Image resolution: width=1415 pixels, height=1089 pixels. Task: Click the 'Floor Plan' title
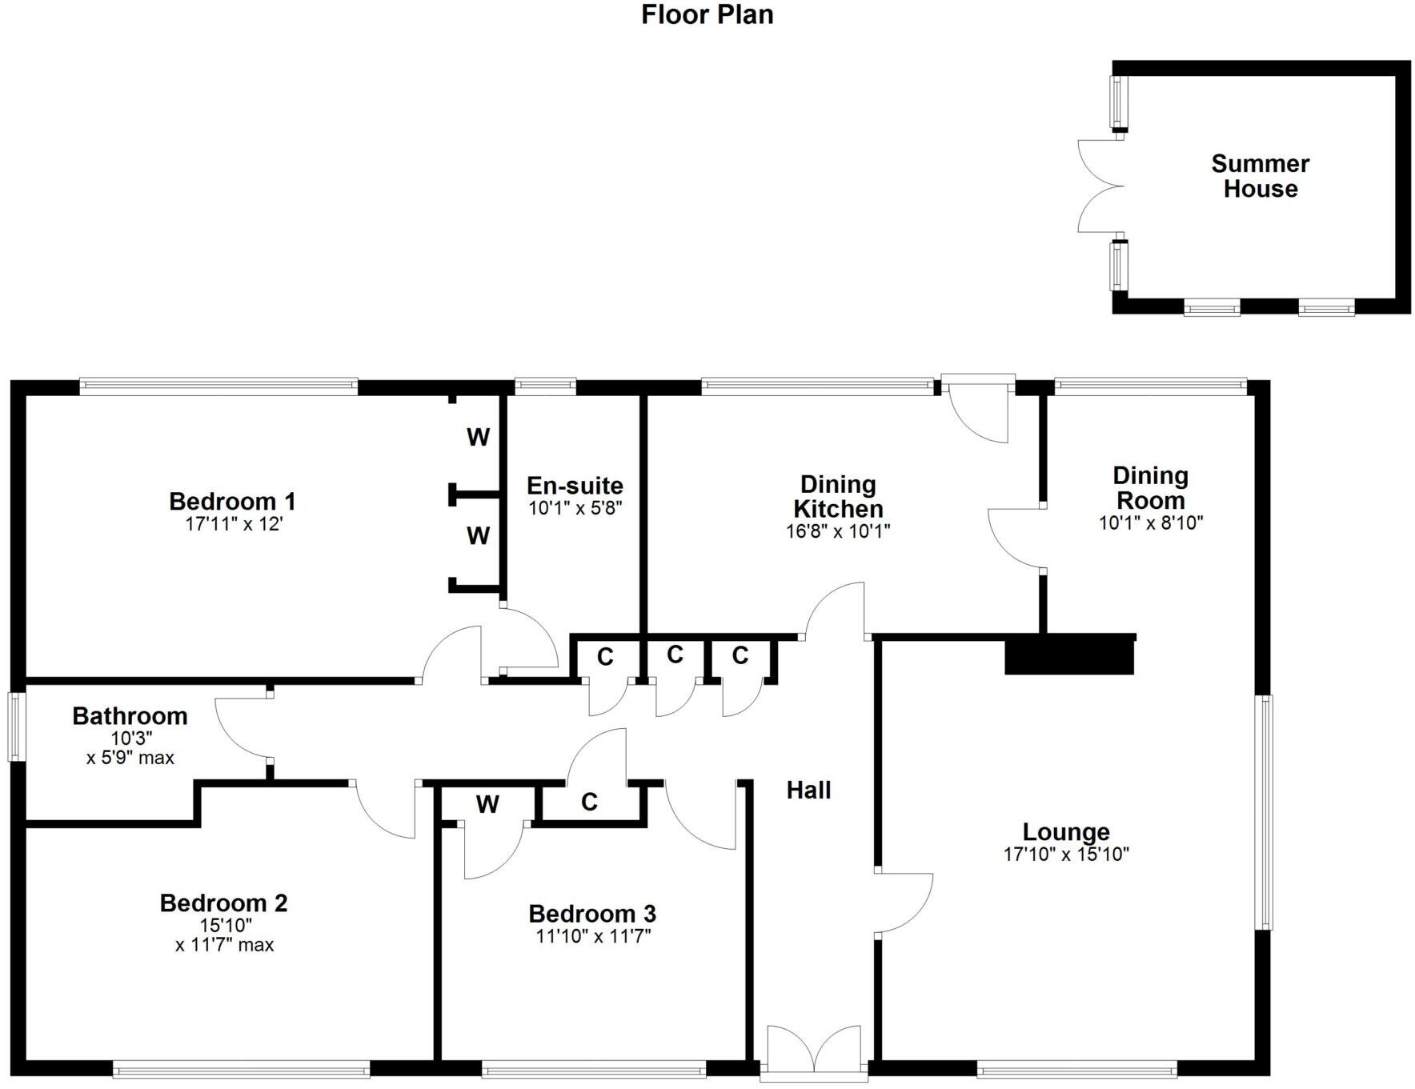coord(707,14)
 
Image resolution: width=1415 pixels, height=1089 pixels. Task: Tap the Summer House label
coord(1260,176)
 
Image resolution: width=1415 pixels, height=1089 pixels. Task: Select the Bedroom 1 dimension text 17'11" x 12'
coord(233,525)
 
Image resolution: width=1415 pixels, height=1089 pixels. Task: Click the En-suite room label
coord(575,486)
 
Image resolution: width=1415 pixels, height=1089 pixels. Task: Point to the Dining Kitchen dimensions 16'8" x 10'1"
coord(838,530)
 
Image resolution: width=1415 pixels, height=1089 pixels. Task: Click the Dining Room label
coord(1150,488)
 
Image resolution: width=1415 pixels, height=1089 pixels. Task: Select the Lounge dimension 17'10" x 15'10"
coord(1065,854)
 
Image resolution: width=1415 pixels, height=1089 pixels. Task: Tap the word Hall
coord(808,791)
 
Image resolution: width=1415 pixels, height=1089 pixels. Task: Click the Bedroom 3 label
coord(592,913)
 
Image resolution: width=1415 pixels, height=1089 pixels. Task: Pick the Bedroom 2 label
coord(223,903)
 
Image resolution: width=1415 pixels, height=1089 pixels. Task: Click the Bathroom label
coord(130,715)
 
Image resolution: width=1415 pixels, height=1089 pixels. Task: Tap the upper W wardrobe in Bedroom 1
coord(478,437)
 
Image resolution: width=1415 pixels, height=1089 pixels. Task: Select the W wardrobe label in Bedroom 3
coord(487,804)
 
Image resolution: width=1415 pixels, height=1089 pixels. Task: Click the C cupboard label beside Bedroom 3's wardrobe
coord(589,802)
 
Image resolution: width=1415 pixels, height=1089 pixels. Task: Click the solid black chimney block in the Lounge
coord(1069,655)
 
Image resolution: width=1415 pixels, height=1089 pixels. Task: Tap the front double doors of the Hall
coord(813,1050)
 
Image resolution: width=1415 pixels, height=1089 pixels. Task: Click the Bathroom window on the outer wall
coord(15,727)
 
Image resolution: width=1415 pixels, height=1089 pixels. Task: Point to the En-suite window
coord(545,386)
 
